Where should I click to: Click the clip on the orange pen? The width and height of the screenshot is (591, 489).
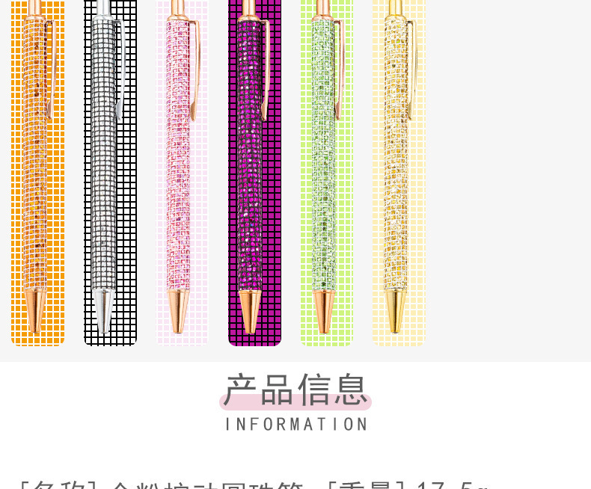(x=51, y=67)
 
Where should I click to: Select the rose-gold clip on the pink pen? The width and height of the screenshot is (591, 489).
(x=195, y=67)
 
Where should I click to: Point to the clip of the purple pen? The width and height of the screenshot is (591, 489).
(x=266, y=67)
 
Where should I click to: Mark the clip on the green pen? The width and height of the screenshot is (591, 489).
(x=339, y=67)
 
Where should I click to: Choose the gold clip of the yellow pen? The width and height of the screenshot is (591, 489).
(x=411, y=67)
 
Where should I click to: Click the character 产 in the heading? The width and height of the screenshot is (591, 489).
(x=241, y=390)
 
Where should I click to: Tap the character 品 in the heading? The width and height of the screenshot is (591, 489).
(x=278, y=390)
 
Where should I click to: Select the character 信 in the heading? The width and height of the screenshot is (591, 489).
(x=314, y=390)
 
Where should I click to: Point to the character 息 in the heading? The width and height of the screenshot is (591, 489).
(x=350, y=390)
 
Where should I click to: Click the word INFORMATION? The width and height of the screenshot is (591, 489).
(x=295, y=424)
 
